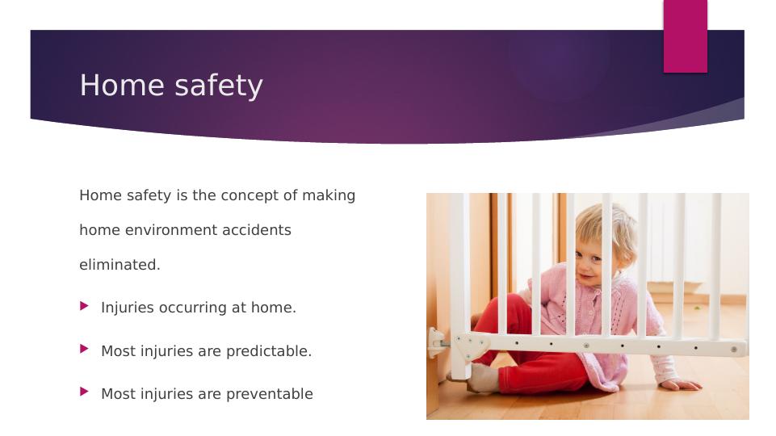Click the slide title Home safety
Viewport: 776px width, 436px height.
pos(171,85)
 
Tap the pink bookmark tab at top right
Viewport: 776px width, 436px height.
pos(685,36)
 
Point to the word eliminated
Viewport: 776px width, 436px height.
pos(120,265)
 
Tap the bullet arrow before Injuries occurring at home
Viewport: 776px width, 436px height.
pos(84,307)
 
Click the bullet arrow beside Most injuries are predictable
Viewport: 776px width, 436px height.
pos(84,350)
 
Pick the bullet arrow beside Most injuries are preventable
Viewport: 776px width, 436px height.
pos(84,392)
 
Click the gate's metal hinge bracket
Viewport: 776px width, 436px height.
pos(470,346)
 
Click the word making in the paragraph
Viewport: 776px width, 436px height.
pos(329,195)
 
